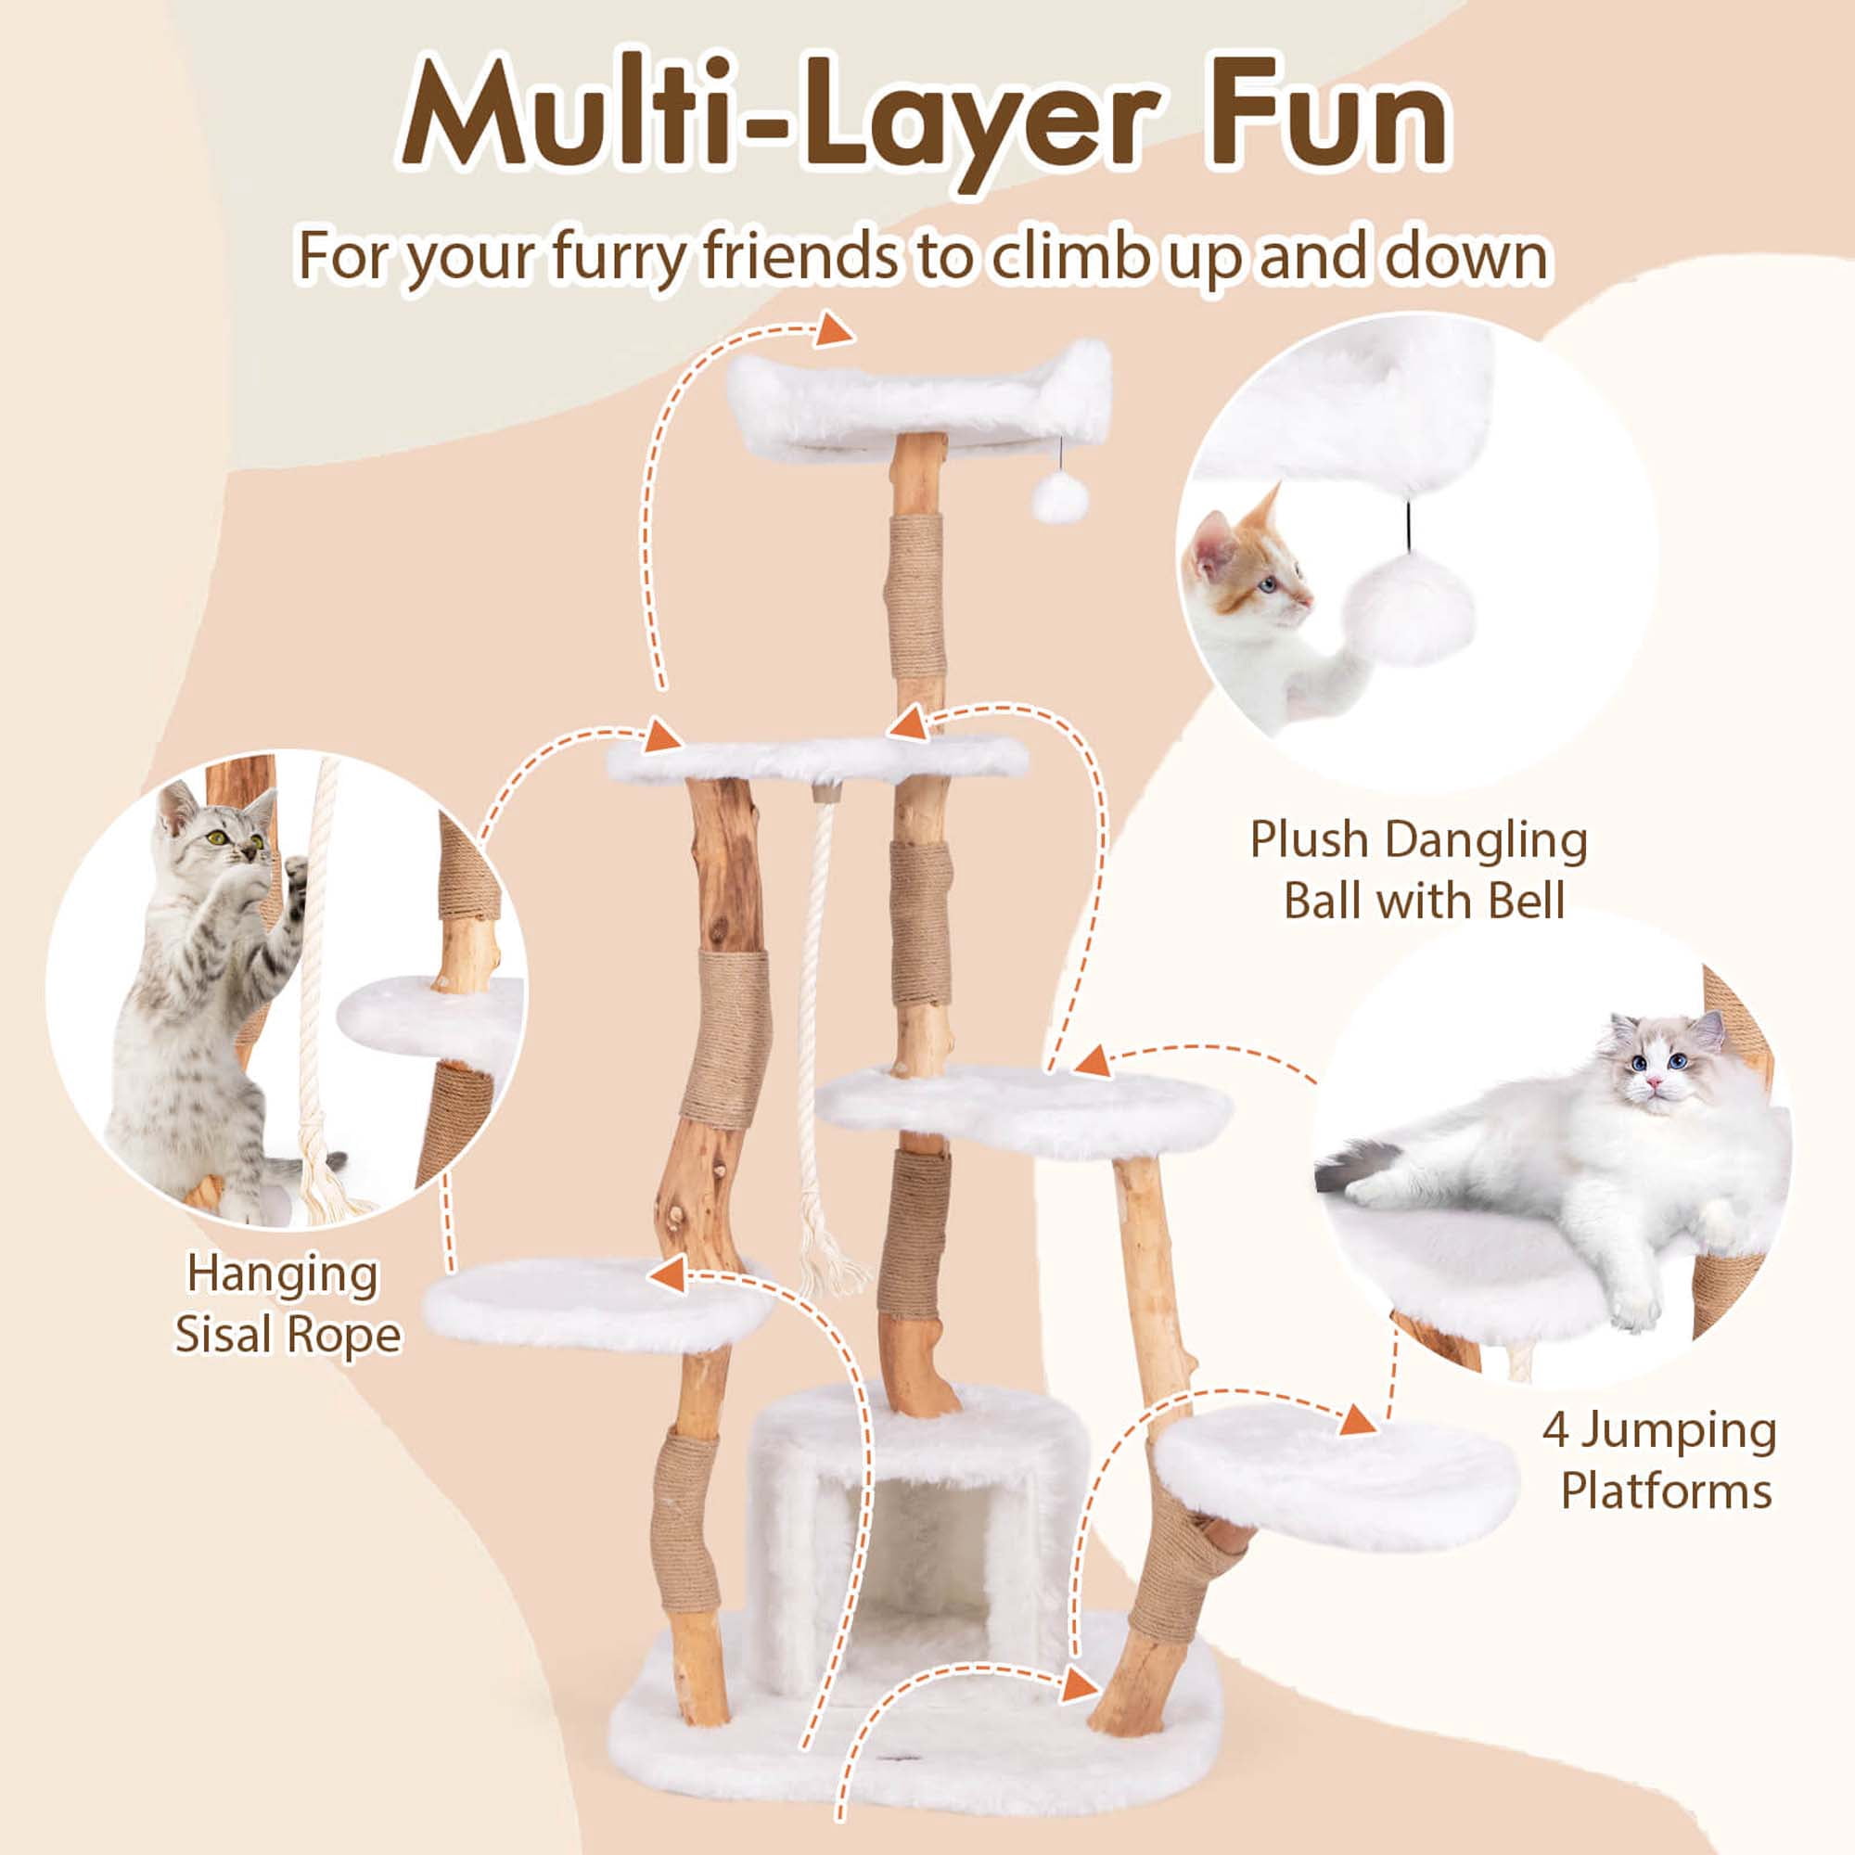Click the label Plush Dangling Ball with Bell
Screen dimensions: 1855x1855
coord(1418,871)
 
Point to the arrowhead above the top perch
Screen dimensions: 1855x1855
coord(837,331)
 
